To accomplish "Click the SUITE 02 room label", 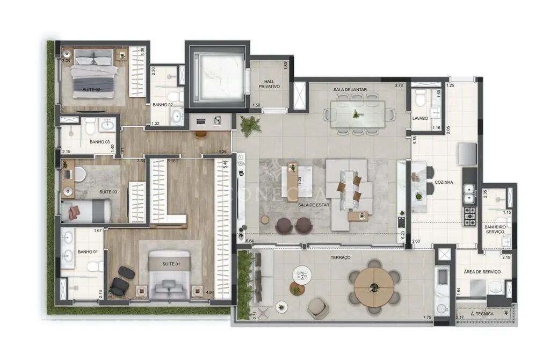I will (91, 89).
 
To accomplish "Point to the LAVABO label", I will (420, 117).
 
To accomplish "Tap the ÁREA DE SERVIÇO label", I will (482, 272).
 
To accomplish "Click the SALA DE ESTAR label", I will (315, 205).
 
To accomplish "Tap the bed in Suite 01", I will (169, 274).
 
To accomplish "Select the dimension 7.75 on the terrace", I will (426, 318).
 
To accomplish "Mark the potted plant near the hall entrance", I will (249, 126).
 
